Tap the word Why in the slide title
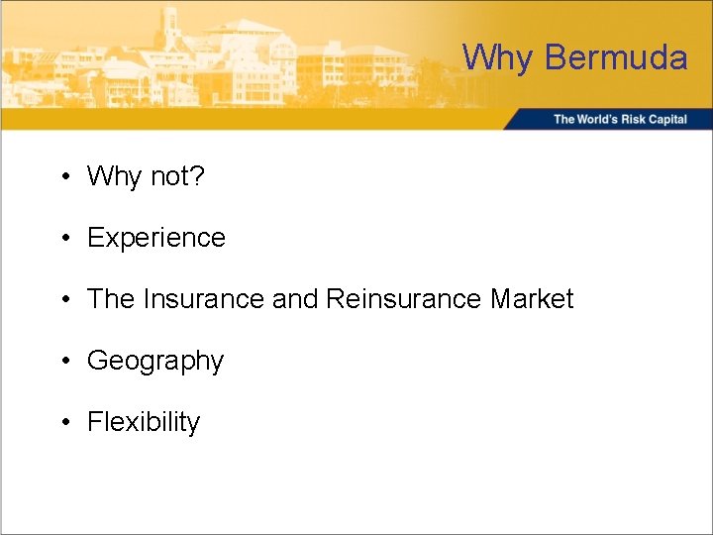point(498,57)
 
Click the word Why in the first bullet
point(115,176)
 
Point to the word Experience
point(156,238)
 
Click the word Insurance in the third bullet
point(203,299)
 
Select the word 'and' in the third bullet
point(294,299)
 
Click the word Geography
point(155,361)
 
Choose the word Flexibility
point(144,422)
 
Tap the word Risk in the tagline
point(633,119)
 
